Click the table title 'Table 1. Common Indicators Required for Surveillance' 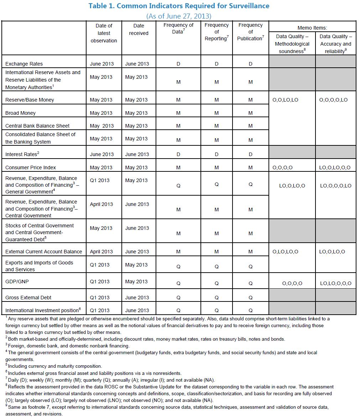[x=179, y=6]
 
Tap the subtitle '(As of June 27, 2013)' [x=179, y=16]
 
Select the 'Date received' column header [x=139, y=29]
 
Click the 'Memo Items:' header [x=312, y=27]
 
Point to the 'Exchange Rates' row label [x=24, y=64]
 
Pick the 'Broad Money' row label [x=20, y=113]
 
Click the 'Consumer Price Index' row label [x=31, y=167]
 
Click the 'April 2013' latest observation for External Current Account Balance [x=101, y=252]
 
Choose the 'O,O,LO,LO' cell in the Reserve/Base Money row [x=285, y=100]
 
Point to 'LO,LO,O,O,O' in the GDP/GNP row [x=335, y=284]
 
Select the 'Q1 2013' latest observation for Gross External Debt [x=100, y=298]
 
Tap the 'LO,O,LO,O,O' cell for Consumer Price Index [x=335, y=167]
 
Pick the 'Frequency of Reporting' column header [x=216, y=32]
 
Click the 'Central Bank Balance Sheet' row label [x=37, y=126]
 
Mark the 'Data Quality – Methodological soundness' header [x=292, y=44]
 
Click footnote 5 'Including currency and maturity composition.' [x=54, y=366]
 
